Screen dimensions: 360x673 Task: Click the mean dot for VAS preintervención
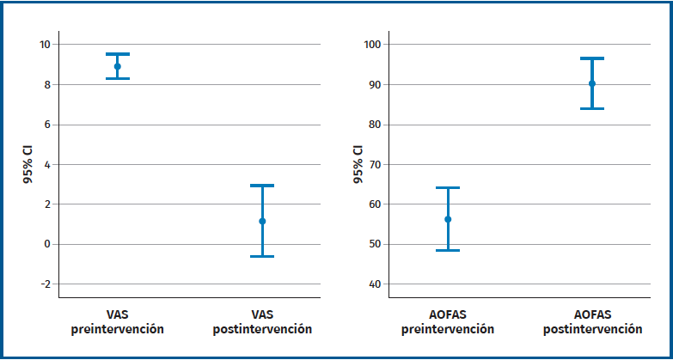118,66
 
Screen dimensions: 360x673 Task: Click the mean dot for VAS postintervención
262,221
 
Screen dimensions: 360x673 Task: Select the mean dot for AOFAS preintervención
448,219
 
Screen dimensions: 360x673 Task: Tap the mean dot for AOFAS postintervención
592,83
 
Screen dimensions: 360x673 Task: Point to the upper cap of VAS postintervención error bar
262,186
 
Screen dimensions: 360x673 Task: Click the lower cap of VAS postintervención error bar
262,256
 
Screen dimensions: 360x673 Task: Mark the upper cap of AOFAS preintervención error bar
448,187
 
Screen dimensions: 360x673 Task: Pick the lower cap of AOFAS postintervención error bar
592,108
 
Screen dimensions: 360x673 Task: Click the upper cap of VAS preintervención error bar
118,54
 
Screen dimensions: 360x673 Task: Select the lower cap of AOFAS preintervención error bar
448,250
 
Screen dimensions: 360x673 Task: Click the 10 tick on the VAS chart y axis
45,45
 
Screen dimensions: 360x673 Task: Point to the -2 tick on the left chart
45,284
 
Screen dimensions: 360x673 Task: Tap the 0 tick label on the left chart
47,244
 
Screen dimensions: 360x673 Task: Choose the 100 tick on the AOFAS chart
374,45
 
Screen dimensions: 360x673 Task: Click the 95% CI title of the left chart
28,164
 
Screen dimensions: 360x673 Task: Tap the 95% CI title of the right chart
358,164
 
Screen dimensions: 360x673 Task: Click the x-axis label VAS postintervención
262,322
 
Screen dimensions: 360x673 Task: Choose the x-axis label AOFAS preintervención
448,322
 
